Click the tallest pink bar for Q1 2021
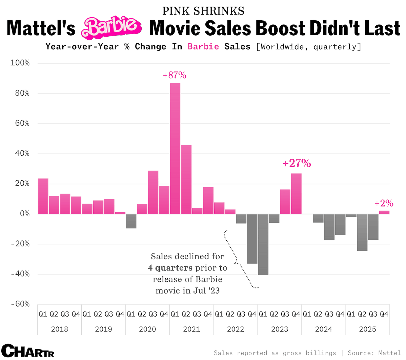[x=175, y=148]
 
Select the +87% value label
[x=174, y=75]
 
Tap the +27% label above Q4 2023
[x=297, y=163]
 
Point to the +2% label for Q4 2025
[x=384, y=203]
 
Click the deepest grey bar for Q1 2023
[x=263, y=244]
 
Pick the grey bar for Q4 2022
[x=252, y=239]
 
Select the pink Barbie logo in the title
[x=111, y=27]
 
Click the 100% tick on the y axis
[x=20, y=63]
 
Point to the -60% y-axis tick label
[x=20, y=304]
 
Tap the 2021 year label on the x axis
[x=191, y=329]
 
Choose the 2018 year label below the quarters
[x=59, y=329]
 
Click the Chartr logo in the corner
[x=28, y=351]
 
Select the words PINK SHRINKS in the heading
[x=203, y=11]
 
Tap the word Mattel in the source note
[x=389, y=353]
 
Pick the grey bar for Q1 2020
[x=131, y=221]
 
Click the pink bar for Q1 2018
[x=43, y=196]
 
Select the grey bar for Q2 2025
[x=362, y=232]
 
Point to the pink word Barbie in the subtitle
[x=203, y=46]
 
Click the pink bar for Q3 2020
[x=153, y=192]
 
